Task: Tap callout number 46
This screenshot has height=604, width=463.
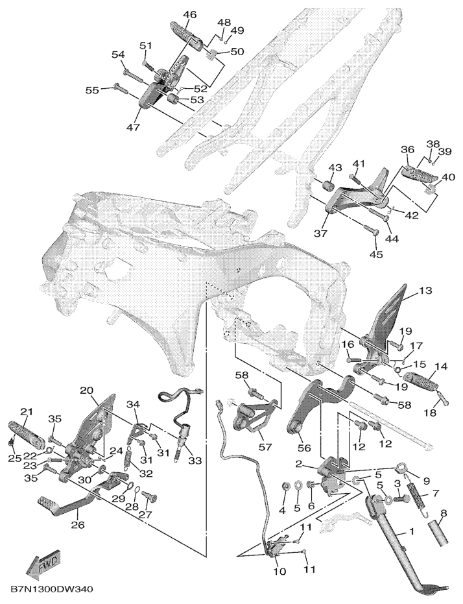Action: (189, 15)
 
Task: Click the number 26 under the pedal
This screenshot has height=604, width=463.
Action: (78, 525)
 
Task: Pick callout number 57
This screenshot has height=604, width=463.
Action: (265, 447)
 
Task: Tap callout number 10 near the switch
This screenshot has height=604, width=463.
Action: (280, 571)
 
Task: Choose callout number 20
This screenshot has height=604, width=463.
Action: (87, 390)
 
